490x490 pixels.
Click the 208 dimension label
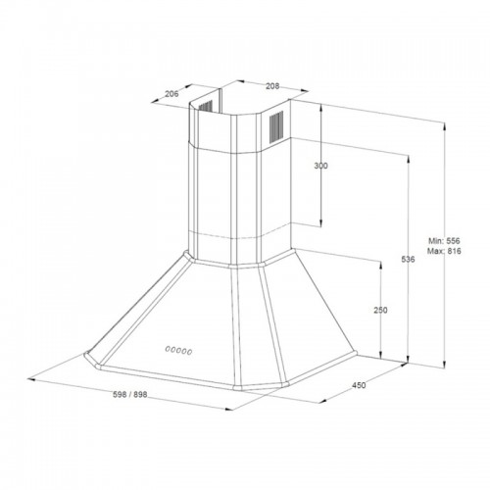[272, 86]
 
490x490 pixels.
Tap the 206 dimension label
[171, 94]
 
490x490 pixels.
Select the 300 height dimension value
[320, 166]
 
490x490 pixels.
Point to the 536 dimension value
[408, 260]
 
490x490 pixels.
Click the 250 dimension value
[380, 310]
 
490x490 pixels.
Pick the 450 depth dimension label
[359, 385]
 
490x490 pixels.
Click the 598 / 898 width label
[130, 395]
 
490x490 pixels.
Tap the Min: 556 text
[444, 241]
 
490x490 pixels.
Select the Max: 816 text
[444, 251]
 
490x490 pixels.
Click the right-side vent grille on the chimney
[276, 127]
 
